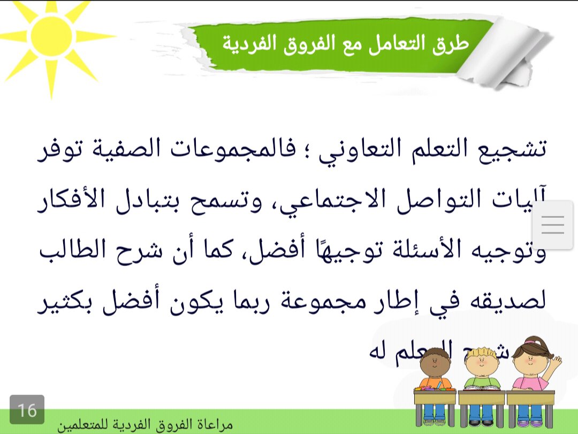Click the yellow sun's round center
click(51, 36)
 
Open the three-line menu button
click(553, 224)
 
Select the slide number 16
click(27, 410)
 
